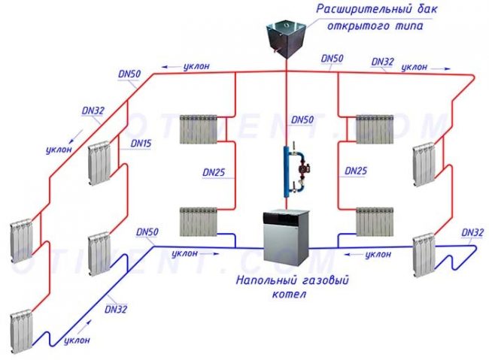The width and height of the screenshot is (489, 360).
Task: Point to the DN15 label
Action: (x=141, y=143)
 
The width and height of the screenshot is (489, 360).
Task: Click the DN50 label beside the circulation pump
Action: (x=302, y=119)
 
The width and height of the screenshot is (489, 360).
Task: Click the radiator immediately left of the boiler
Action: (x=199, y=222)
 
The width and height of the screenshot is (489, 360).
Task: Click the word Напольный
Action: (x=260, y=282)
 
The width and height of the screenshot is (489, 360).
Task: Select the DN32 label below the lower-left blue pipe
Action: (x=117, y=307)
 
